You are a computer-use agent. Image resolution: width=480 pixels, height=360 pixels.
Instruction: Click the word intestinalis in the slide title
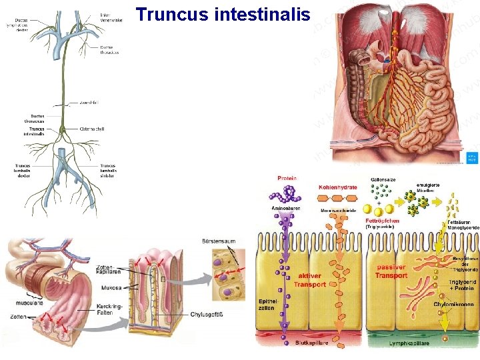point(263,14)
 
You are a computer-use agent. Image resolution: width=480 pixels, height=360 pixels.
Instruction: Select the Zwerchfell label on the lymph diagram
point(89,103)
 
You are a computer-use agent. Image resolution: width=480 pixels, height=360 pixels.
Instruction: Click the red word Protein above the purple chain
point(287,178)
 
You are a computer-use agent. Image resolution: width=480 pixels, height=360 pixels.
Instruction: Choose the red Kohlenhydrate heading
point(338,187)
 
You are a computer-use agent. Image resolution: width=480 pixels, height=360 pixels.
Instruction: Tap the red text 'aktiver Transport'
point(310,279)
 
